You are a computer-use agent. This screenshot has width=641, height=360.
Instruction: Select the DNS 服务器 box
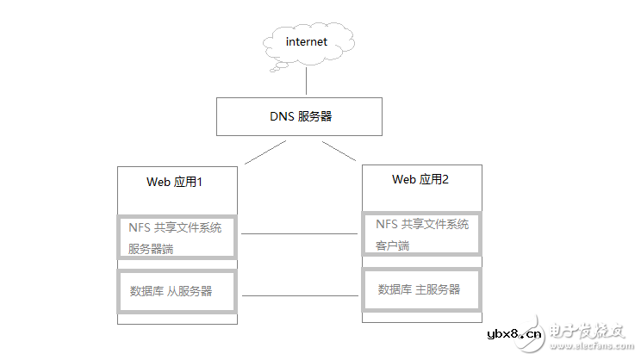coord(298,115)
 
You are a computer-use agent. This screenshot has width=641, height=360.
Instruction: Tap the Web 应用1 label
coord(175,183)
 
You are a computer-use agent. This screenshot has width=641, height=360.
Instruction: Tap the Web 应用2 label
coord(420,179)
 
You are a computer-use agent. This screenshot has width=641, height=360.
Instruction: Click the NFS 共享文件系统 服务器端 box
coord(177,238)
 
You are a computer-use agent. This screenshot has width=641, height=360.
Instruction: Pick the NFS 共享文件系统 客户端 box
coord(421,234)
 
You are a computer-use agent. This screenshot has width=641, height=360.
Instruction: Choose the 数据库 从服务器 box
coord(177,291)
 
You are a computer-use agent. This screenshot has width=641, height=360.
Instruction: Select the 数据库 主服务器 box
coord(421,290)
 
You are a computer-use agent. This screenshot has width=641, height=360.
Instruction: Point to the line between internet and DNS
coord(307,82)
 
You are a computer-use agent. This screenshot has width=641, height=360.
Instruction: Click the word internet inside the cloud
coord(307,41)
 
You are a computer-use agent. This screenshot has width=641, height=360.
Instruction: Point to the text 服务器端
coord(151,248)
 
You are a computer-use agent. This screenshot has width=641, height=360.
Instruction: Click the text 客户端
coord(393,245)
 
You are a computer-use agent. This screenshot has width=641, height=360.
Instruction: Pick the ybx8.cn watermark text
coord(515,334)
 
